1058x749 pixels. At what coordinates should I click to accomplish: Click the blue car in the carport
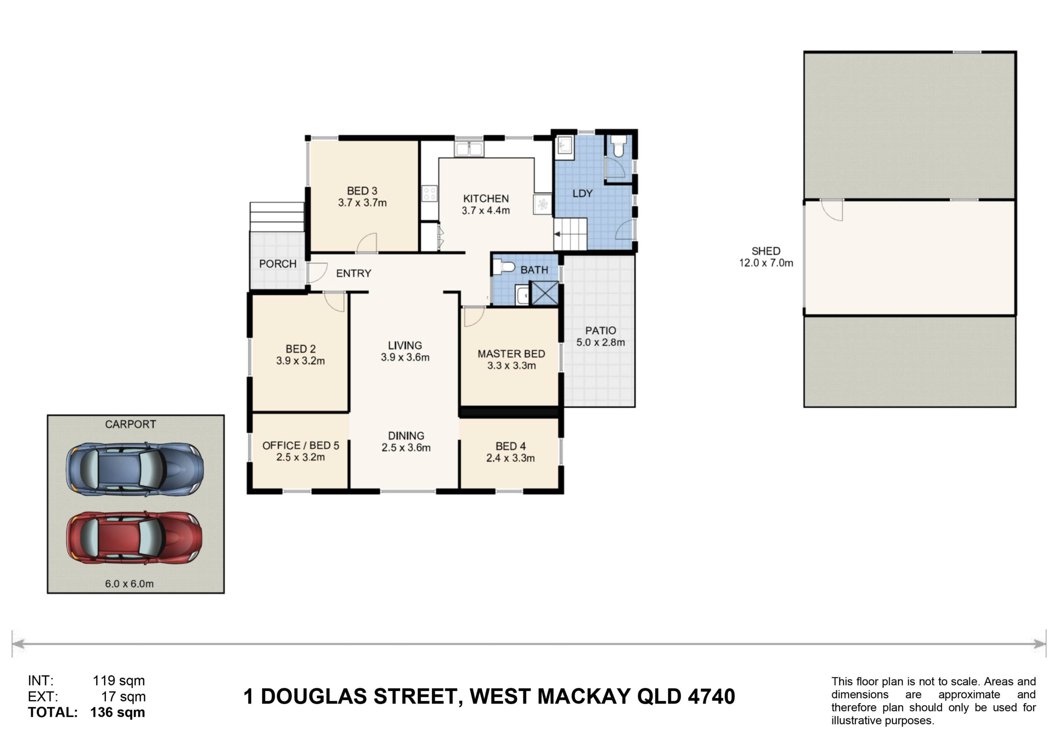(135, 469)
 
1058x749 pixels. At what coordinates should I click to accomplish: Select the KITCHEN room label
(486, 199)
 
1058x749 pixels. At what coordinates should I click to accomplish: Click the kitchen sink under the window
(469, 149)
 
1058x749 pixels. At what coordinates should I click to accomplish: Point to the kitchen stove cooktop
(429, 193)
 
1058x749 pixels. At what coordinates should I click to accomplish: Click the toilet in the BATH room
(504, 267)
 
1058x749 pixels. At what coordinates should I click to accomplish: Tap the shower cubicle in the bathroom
(545, 293)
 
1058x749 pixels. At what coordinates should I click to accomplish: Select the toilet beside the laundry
(618, 145)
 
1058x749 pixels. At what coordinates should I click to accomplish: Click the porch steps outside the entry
(277, 217)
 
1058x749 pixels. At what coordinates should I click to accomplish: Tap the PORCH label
(277, 264)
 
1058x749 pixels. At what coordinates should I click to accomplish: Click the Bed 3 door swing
(367, 243)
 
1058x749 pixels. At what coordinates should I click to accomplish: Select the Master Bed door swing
(474, 317)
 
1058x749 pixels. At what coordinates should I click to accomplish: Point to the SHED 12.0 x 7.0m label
(766, 257)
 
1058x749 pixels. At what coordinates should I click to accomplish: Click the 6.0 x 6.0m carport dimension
(129, 584)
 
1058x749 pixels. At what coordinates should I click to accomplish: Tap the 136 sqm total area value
(117, 712)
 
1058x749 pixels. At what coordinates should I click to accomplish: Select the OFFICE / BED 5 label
(300, 445)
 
